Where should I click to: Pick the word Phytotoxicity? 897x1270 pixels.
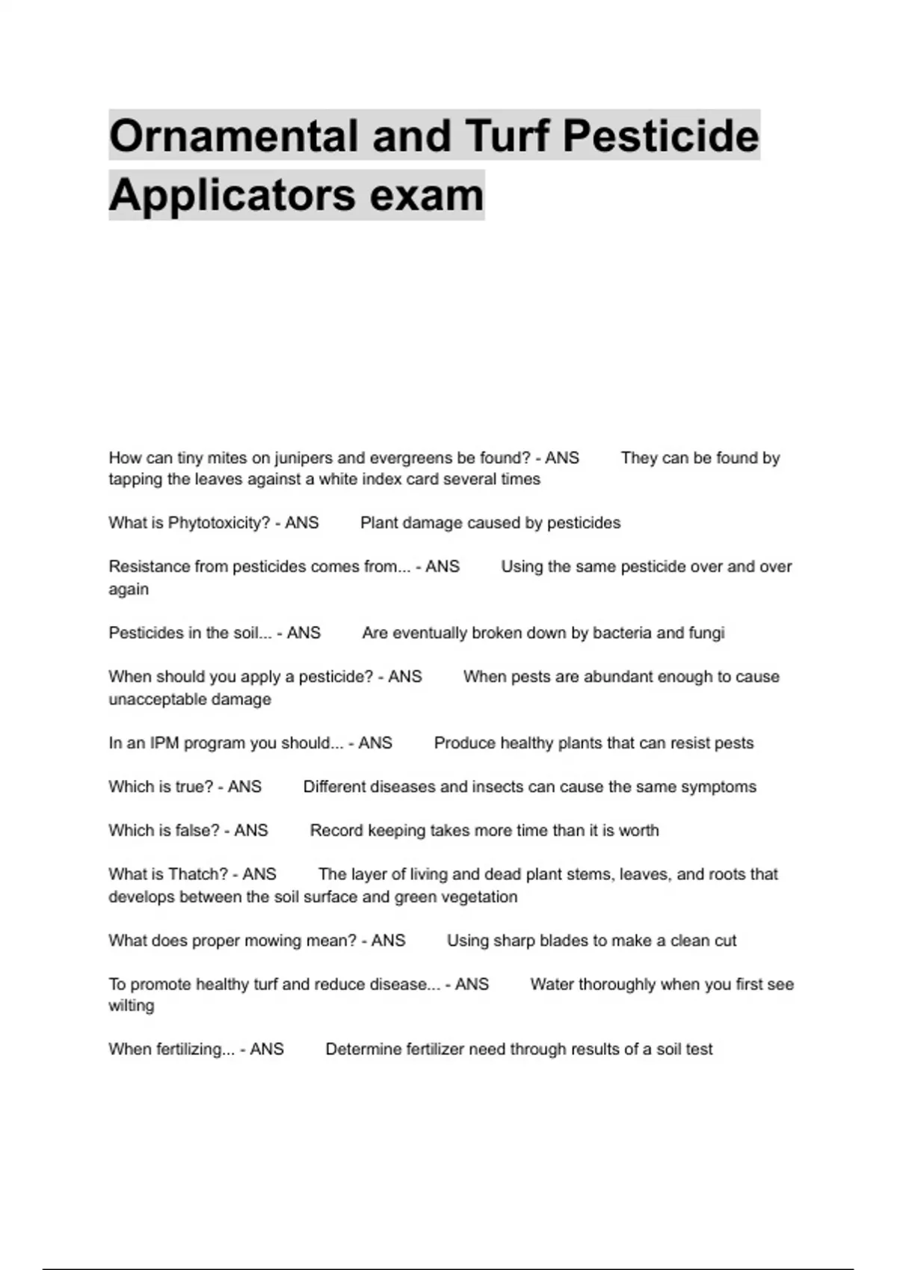coord(218,523)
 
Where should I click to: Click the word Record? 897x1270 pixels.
coord(333,831)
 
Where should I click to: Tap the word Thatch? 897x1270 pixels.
coord(198,874)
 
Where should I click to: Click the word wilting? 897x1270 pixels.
coord(132,1006)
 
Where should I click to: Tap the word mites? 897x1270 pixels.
coord(225,458)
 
